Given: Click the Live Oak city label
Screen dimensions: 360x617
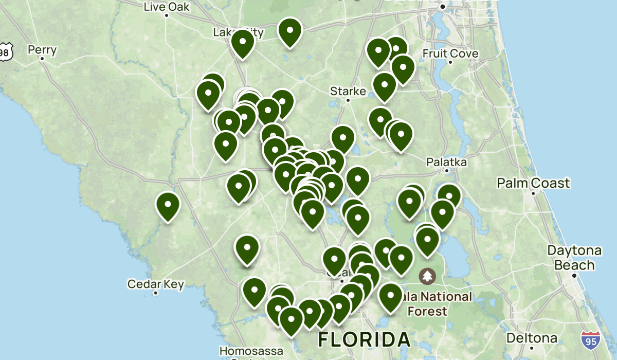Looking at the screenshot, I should [167, 7].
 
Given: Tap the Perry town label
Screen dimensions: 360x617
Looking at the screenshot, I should [42, 50].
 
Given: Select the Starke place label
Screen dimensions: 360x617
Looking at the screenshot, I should [348, 92].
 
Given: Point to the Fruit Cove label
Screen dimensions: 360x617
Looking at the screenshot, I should [450, 53].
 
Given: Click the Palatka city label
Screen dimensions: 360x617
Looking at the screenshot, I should [447, 162].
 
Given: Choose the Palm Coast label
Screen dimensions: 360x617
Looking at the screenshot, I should [533, 183].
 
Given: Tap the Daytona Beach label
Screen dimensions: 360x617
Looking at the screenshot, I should [574, 258].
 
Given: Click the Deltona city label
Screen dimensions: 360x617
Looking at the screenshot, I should [532, 338].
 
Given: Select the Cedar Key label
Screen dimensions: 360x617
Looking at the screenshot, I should [155, 284].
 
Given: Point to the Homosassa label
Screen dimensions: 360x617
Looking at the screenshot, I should [251, 351].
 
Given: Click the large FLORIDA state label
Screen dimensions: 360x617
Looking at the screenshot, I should [365, 339].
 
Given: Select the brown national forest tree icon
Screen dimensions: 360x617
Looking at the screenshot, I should [427, 277].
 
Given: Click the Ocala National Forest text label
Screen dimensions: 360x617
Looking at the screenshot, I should [437, 304].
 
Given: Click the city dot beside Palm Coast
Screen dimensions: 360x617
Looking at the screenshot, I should [533, 194].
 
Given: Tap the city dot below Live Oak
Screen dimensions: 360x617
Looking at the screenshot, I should [167, 15].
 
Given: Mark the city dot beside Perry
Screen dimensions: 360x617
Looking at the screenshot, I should [42, 59].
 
